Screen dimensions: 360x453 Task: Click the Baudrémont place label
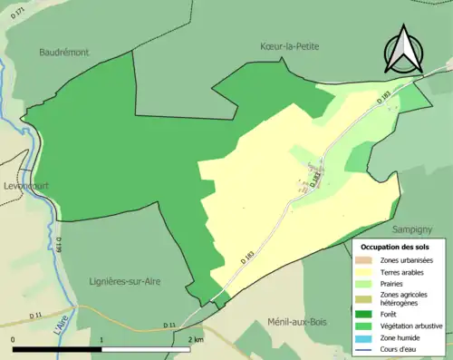pyautogui.click(x=64, y=53)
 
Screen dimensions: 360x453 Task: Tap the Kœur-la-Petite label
pyautogui.click(x=290, y=46)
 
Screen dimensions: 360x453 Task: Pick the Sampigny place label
pyautogui.click(x=414, y=230)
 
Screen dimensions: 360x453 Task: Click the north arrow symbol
pyautogui.click(x=405, y=49)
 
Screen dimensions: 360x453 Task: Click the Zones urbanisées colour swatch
pyautogui.click(x=368, y=261)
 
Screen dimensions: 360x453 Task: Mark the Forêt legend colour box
pyautogui.click(x=368, y=314)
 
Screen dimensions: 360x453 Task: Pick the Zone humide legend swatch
pyautogui.click(x=368, y=337)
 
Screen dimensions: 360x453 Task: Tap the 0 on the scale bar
pyautogui.click(x=13, y=339)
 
